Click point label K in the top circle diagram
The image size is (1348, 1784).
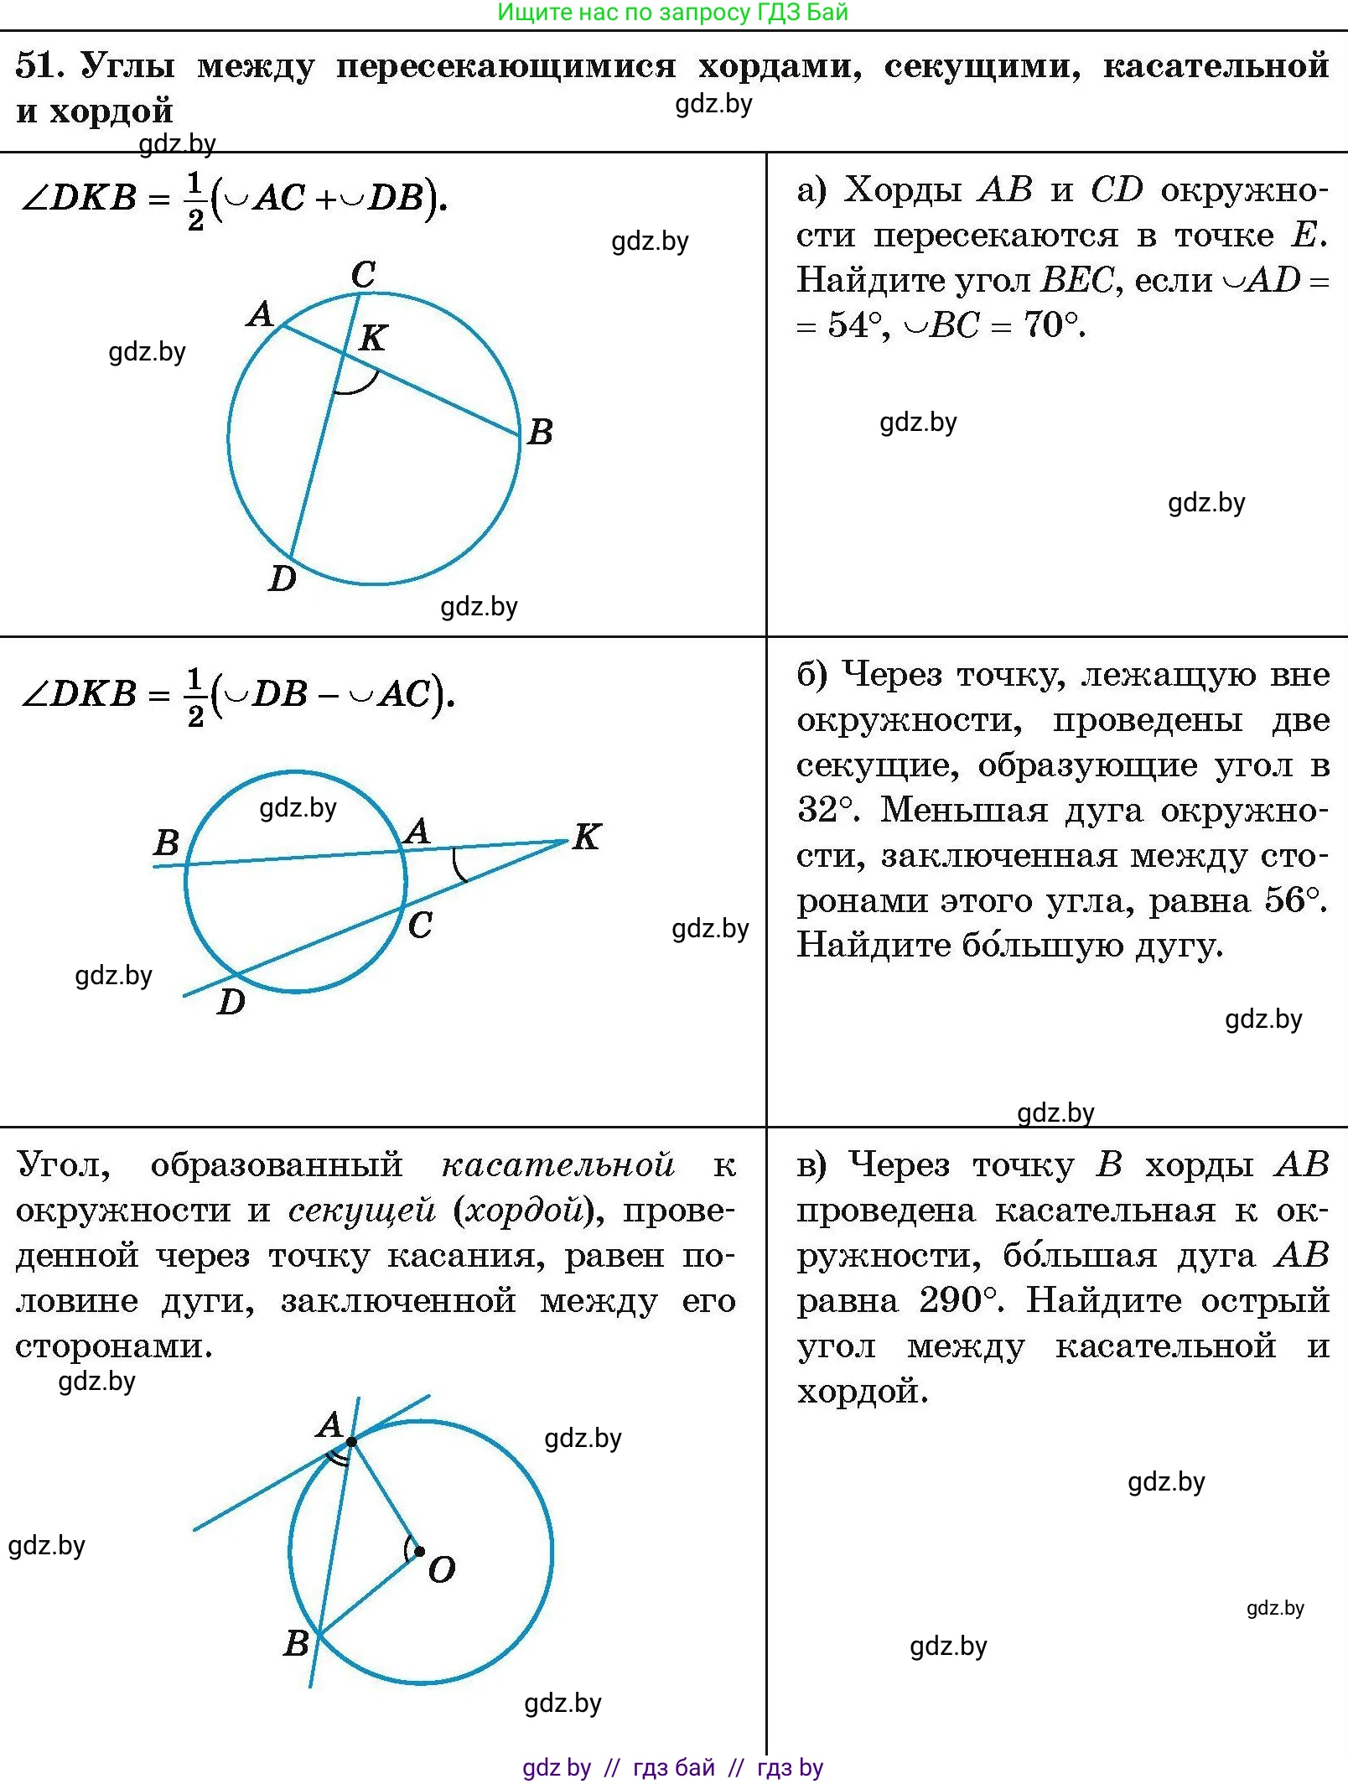click(x=372, y=338)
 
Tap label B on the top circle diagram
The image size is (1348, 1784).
click(x=540, y=433)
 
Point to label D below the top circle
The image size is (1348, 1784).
click(x=283, y=578)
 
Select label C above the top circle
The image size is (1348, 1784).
click(x=363, y=274)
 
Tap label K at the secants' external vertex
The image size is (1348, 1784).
click(x=587, y=837)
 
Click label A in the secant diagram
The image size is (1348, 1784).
click(x=417, y=831)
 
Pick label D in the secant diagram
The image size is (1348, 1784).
click(x=231, y=1002)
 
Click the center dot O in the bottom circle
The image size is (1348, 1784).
click(x=419, y=1552)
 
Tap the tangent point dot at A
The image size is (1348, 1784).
click(x=351, y=1441)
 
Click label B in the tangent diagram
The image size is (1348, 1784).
click(x=296, y=1644)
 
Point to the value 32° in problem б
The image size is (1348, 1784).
click(x=827, y=810)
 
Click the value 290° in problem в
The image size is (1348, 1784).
click(x=958, y=1301)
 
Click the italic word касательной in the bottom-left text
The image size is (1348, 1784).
click(x=557, y=1165)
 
